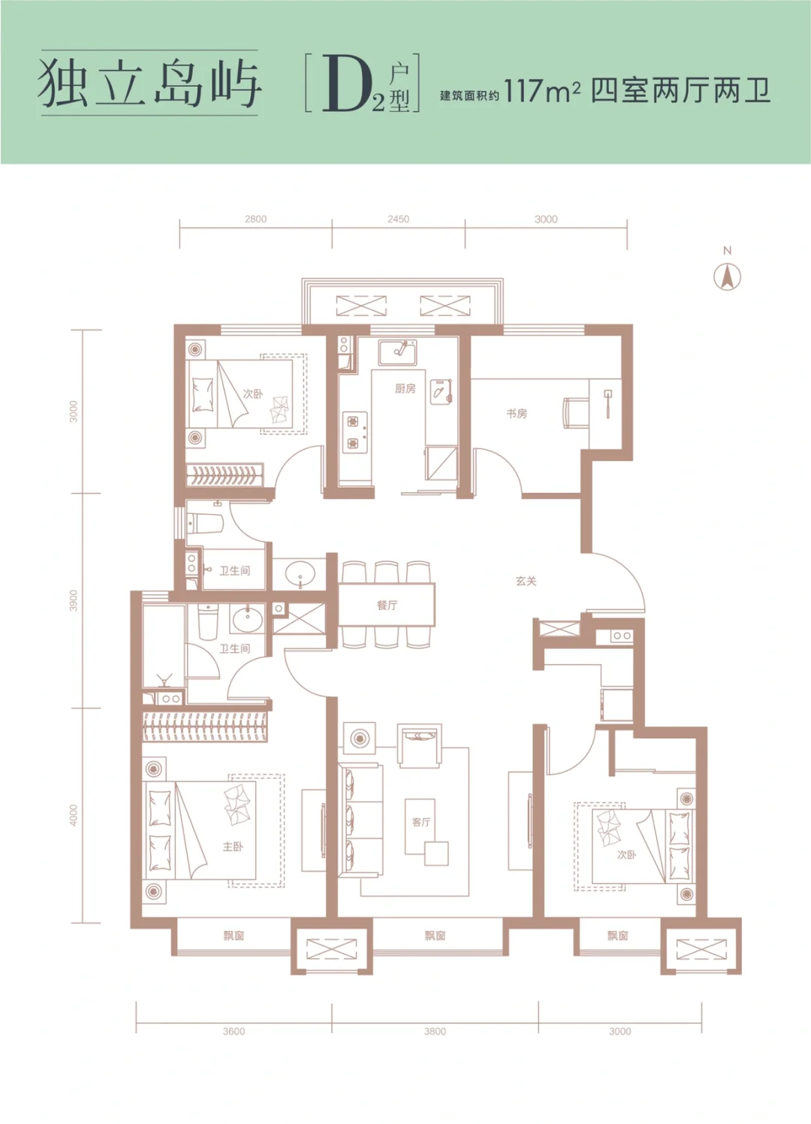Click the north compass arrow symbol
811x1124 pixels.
727,277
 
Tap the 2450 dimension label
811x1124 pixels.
398,219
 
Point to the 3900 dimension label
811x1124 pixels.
74,600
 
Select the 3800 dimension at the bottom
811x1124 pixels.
435,1031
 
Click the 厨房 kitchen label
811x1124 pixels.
405,388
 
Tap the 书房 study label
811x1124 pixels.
517,413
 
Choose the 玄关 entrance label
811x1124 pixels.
526,581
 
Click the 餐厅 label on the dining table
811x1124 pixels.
387,605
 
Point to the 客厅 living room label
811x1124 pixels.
421,822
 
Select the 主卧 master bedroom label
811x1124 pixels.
234,847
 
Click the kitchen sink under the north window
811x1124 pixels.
398,352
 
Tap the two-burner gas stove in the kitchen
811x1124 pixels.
354,432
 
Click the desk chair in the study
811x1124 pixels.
576,413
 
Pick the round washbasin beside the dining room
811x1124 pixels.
300,573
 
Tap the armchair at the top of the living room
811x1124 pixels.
420,745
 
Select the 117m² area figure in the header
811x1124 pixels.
542,91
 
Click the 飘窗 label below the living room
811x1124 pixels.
435,935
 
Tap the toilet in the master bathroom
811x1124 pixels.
209,621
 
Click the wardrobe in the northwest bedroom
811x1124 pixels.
225,474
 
